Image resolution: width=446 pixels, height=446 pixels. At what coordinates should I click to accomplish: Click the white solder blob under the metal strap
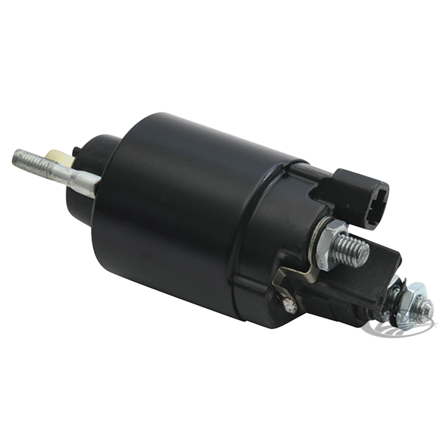coord(290,305)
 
